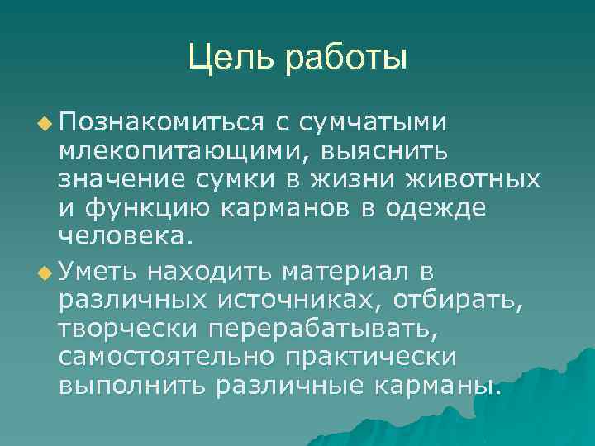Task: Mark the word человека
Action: tap(125, 239)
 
